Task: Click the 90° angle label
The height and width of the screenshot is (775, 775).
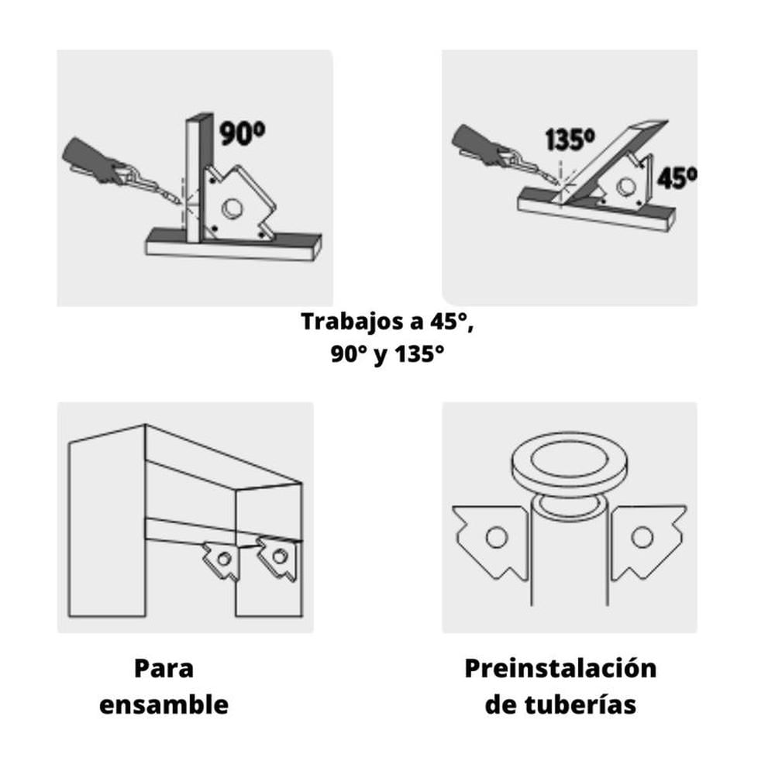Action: (x=242, y=133)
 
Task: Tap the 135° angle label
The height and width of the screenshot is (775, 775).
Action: (x=569, y=139)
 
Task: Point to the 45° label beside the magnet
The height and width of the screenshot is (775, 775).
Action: (x=676, y=177)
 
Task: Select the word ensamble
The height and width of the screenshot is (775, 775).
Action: (x=164, y=704)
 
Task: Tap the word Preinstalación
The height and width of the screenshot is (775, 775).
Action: (x=560, y=668)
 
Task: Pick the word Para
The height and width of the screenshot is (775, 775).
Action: (x=164, y=668)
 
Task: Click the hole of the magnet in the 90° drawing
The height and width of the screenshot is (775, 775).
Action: (x=232, y=208)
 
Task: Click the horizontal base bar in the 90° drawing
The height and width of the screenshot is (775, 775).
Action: (x=232, y=246)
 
